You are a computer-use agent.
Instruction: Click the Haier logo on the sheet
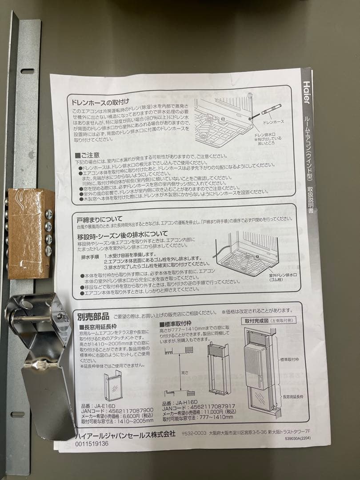(x=307, y=92)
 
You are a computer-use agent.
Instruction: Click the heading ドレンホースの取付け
(x=101, y=102)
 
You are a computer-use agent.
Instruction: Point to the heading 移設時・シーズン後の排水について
(x=123, y=234)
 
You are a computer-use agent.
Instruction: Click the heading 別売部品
(x=93, y=316)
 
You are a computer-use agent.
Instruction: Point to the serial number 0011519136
(x=92, y=444)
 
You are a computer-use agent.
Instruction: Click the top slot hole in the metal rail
(x=27, y=71)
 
